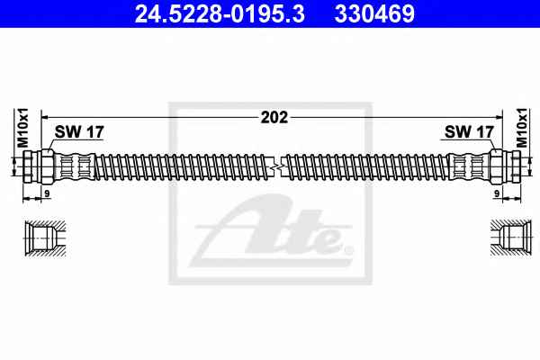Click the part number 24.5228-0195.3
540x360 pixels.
tap(220, 13)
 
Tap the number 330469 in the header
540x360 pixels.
tap(374, 13)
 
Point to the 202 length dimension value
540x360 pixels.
tap(274, 118)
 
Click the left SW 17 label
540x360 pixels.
tap(79, 132)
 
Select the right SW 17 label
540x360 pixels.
tap(469, 132)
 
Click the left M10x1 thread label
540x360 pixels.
tap(23, 128)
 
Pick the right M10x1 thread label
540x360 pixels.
tap(522, 128)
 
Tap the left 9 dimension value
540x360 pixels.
tap(47, 194)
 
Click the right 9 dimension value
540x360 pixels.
tap(497, 194)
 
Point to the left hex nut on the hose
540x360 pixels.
tap(47, 166)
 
